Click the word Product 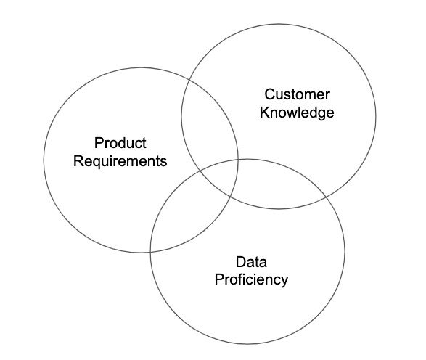click(120, 143)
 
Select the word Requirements click(120, 161)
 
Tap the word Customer click(298, 94)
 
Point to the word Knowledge click(297, 112)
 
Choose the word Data click(251, 262)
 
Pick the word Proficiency click(251, 279)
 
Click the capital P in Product click(99, 143)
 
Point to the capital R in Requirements click(78, 161)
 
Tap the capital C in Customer click(269, 94)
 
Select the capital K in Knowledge click(265, 112)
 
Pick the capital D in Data click(241, 262)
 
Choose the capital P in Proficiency click(218, 279)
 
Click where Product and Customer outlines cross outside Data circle click(189, 78)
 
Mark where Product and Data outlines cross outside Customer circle click(150, 253)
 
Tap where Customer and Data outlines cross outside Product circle click(327, 196)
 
